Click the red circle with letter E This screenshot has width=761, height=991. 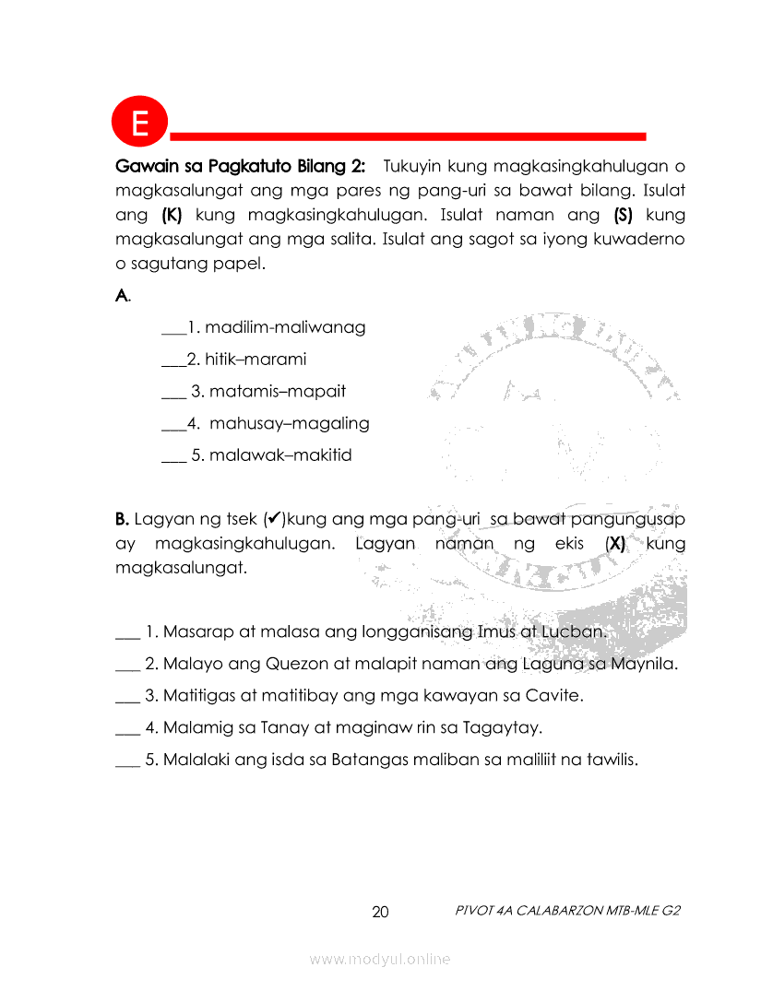point(139,122)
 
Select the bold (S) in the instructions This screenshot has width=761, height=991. point(625,216)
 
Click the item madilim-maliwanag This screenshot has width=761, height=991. point(285,327)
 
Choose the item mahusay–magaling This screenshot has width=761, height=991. point(290,424)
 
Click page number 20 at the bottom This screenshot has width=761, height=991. point(380,913)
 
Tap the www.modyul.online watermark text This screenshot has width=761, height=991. point(380,960)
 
